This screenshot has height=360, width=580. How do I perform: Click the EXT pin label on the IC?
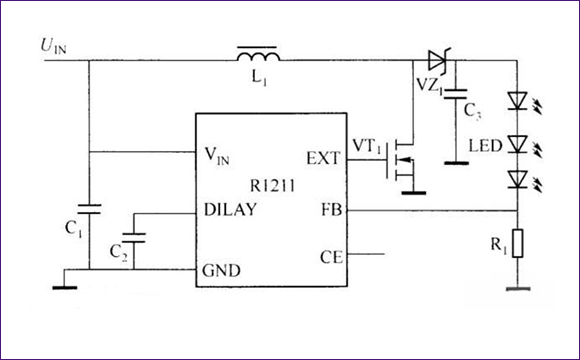(322, 158)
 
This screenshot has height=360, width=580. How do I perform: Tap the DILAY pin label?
(229, 210)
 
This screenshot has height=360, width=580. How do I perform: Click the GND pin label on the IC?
(223, 270)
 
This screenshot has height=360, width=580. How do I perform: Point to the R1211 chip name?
(271, 184)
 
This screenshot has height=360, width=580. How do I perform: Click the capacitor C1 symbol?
(89, 209)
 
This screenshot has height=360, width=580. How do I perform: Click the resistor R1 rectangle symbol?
(516, 245)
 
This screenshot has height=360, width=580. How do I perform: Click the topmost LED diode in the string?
(516, 100)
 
